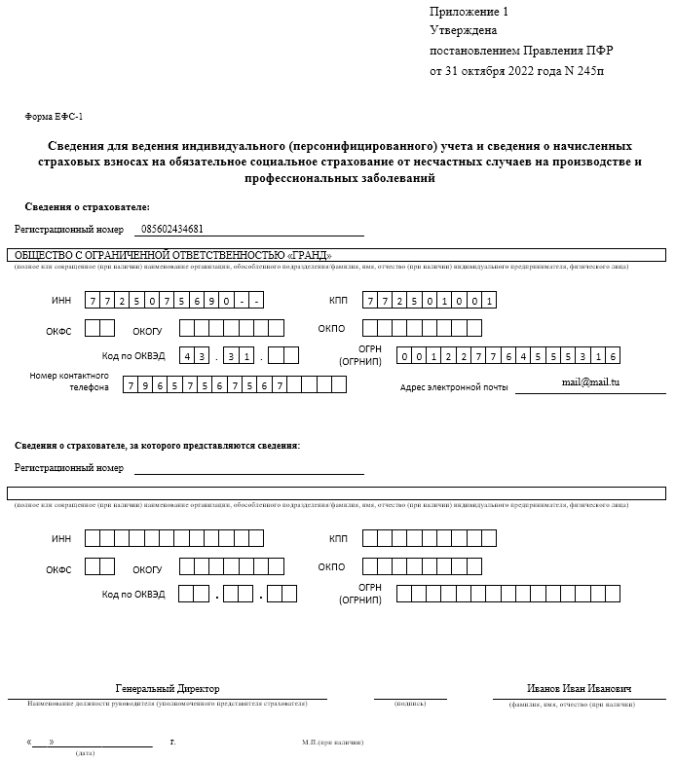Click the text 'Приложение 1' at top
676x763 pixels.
coord(469,12)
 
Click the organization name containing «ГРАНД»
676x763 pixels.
coord(173,255)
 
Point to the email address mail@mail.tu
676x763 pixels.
coord(590,382)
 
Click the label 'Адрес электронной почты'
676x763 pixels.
coord(454,387)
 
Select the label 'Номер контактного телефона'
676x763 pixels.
coord(68,381)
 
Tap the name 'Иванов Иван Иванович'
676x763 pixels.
coord(579,689)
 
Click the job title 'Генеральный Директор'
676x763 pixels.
coord(168,688)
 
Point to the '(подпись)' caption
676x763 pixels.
coord(409,703)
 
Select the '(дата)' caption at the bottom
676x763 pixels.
coord(85,752)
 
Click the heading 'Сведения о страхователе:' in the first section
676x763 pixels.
coord(87,207)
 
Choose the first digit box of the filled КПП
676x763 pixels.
coord(370,301)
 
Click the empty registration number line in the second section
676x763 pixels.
coord(248,467)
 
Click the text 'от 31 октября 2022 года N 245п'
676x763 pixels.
coord(522,71)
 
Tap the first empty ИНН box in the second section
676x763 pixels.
coord(93,538)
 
